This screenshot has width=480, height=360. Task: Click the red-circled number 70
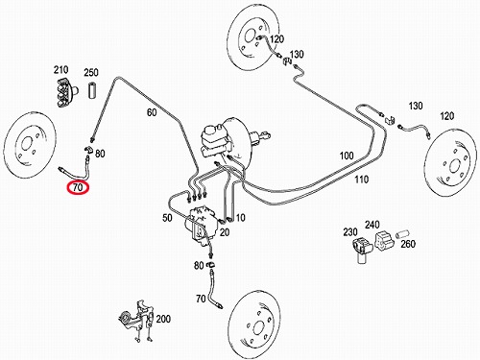pos(78,187)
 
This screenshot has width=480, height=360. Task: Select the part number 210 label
pos(60,69)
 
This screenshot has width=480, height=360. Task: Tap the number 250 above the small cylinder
pos(91,72)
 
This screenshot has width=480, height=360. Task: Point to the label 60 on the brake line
pos(152,112)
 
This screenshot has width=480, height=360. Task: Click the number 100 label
pos(347,156)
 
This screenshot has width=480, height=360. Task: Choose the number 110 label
pos(361,180)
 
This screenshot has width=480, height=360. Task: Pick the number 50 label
pos(167,218)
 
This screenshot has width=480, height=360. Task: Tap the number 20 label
pos(225,232)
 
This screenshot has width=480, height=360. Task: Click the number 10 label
pos(240,218)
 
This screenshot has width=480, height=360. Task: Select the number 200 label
pos(163,319)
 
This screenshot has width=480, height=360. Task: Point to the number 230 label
pos(350,231)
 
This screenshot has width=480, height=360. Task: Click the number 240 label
pos(372,225)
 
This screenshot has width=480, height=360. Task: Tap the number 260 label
pos(408,244)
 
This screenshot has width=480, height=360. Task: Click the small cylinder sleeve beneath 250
pos(92,90)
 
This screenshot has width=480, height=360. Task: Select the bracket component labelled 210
pos(66,92)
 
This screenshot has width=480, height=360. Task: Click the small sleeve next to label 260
pos(403,233)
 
